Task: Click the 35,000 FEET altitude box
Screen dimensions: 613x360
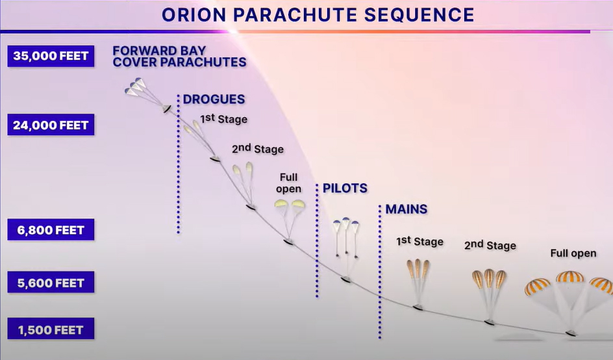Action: (51, 56)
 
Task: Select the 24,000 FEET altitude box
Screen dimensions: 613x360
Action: (51, 125)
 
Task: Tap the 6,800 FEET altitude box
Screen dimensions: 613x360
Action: (51, 229)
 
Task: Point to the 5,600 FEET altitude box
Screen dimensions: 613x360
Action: (51, 283)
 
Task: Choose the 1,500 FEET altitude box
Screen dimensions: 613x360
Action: (51, 329)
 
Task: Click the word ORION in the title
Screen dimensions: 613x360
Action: (194, 15)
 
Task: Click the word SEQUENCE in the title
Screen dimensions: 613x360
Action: (419, 15)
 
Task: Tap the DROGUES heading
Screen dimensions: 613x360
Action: (214, 99)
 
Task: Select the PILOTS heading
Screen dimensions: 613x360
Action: (345, 188)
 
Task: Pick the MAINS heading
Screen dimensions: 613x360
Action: (407, 209)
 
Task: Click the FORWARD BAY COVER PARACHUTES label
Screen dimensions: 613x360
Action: (179, 57)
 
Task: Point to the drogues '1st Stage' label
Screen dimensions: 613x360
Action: (223, 118)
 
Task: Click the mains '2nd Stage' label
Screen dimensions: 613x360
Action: (490, 245)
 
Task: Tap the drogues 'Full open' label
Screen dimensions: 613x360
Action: (288, 183)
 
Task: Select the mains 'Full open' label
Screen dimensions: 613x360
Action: (573, 253)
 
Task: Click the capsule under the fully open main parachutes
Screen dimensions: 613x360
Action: (571, 333)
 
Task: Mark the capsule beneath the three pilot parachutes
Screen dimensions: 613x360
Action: (345, 279)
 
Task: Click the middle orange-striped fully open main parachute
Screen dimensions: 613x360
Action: (570, 277)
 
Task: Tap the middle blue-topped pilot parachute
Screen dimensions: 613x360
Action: (346, 222)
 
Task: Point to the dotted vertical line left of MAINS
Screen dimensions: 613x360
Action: (380, 272)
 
